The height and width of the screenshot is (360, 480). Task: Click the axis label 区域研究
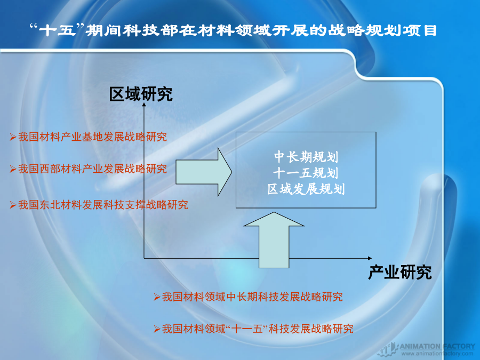[x=141, y=94]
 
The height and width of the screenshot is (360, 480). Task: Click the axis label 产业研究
[x=400, y=272]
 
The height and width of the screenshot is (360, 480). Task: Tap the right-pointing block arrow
[x=204, y=172]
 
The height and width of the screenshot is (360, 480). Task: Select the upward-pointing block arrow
[x=274, y=240]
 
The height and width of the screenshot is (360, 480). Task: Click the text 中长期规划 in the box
[x=306, y=157]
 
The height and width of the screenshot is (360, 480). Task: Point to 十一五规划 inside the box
[x=306, y=173]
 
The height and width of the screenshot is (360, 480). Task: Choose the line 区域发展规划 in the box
[x=306, y=189]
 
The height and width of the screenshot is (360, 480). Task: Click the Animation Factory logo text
[x=437, y=346]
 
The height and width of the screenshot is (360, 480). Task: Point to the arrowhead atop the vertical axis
[x=144, y=105]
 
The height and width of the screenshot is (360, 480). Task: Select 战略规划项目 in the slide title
[x=382, y=30]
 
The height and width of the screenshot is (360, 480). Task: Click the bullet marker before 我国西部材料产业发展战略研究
[x=13, y=169]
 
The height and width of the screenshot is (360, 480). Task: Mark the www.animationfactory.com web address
[x=437, y=354]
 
